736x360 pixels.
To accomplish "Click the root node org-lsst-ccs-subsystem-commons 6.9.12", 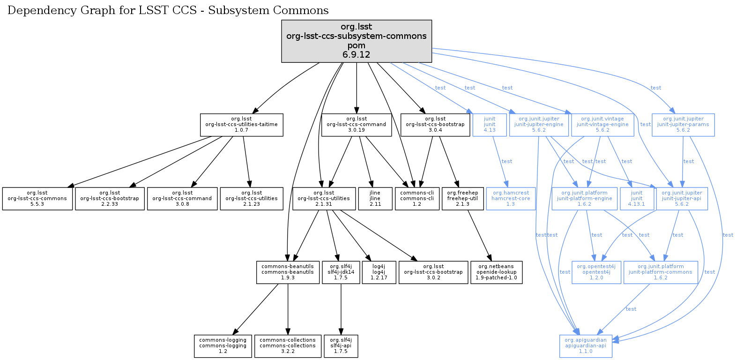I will (x=357, y=41).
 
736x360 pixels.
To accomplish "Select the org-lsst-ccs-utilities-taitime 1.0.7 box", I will (x=241, y=125).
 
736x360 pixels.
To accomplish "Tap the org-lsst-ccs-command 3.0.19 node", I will (x=357, y=125).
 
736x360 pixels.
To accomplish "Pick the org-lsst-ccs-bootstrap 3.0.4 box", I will (x=435, y=125).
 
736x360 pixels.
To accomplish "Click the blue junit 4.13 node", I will (x=490, y=125).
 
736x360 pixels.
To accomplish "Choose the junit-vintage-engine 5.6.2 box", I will (x=602, y=125).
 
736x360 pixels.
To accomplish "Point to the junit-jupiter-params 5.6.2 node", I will (x=683, y=125).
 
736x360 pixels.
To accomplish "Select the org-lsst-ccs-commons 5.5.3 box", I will (x=37, y=199).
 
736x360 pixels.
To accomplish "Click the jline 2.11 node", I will (x=375, y=199).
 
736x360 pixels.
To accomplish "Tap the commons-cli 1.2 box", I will (x=417, y=199).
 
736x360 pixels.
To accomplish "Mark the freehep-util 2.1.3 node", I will (x=462, y=199).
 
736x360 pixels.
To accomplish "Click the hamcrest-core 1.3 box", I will (x=511, y=199).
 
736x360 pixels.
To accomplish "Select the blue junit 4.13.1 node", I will (x=637, y=199).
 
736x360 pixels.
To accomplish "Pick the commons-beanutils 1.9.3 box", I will (x=288, y=272).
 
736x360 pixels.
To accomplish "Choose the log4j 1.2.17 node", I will (x=379, y=272).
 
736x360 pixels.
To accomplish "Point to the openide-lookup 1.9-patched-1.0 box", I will (x=496, y=272).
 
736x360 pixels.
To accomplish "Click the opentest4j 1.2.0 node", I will (x=596, y=272).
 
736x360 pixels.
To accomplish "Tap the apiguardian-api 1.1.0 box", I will (x=586, y=346).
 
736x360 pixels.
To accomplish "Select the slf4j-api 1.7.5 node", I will (x=341, y=346).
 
